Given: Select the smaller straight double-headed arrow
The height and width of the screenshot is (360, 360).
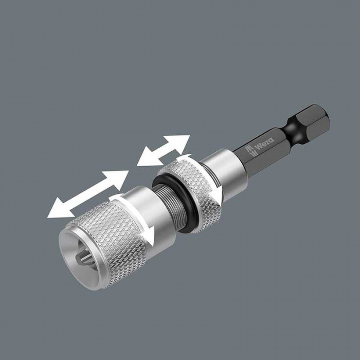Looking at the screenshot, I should [x=164, y=150].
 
